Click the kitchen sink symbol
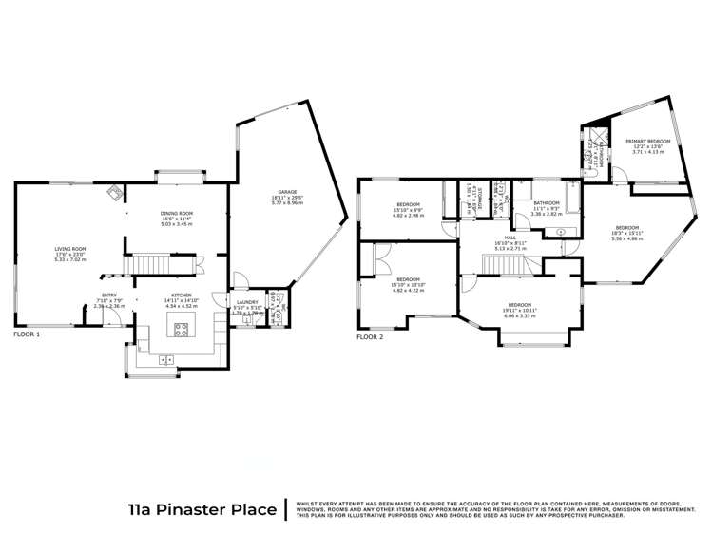(x=166, y=359)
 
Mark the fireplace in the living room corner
(x=114, y=192)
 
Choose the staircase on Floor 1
(x=148, y=261)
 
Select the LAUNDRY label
(x=246, y=303)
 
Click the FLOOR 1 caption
(x=28, y=335)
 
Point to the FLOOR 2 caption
(x=370, y=337)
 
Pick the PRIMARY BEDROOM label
(x=647, y=142)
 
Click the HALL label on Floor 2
(x=510, y=238)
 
